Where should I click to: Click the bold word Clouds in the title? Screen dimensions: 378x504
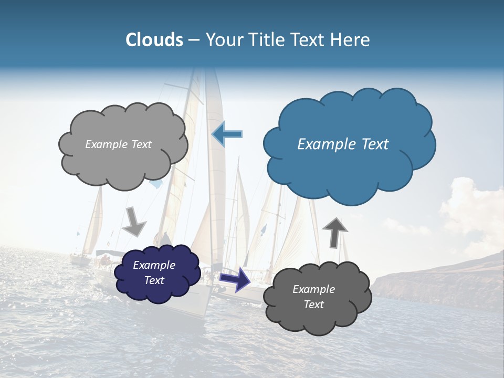point(154,40)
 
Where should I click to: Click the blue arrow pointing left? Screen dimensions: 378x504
point(227,134)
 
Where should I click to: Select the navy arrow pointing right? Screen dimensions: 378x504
point(235,279)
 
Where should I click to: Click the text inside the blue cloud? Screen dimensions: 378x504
point(343,144)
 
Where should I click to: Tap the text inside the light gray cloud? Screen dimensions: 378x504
point(118,144)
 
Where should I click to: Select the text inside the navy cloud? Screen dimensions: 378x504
point(154,272)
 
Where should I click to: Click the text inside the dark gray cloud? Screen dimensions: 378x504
point(313,297)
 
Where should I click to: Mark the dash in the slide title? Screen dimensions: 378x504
point(194,40)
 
